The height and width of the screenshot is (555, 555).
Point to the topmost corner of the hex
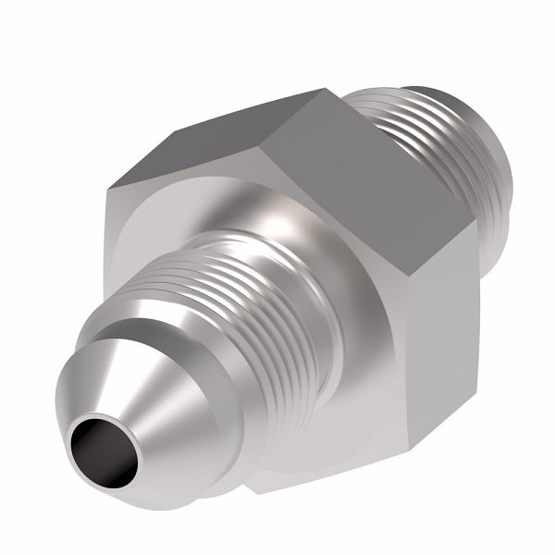tap(326, 90)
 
